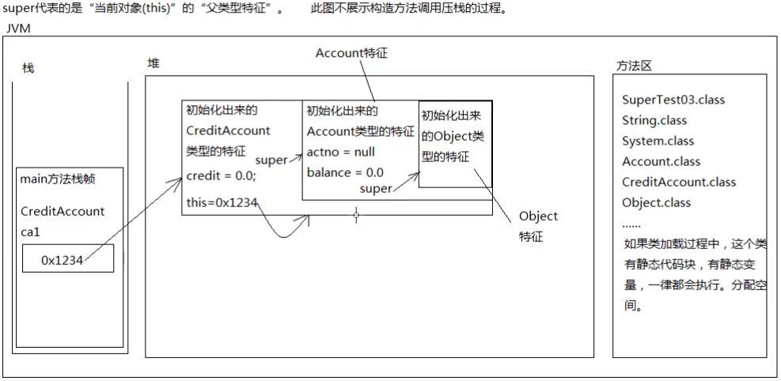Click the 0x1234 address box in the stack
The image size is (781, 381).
point(67,259)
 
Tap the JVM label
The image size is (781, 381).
point(18,28)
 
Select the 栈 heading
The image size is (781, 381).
point(28,69)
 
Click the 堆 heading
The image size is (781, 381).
point(154,63)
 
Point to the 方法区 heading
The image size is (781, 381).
point(633,66)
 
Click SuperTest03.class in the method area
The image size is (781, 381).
point(673,100)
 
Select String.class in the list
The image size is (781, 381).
point(654,121)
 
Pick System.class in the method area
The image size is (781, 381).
point(658,141)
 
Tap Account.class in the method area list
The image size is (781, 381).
point(661,162)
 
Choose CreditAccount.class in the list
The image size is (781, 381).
point(679,182)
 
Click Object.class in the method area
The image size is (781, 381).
point(656,202)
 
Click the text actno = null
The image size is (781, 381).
point(341,152)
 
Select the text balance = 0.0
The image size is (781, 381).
point(345,172)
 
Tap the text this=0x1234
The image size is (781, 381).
point(222,202)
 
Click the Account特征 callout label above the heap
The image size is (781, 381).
point(351,53)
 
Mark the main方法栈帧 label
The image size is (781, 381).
point(58,179)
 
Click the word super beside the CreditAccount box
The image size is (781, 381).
point(271,160)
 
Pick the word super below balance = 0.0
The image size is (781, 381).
point(376,189)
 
